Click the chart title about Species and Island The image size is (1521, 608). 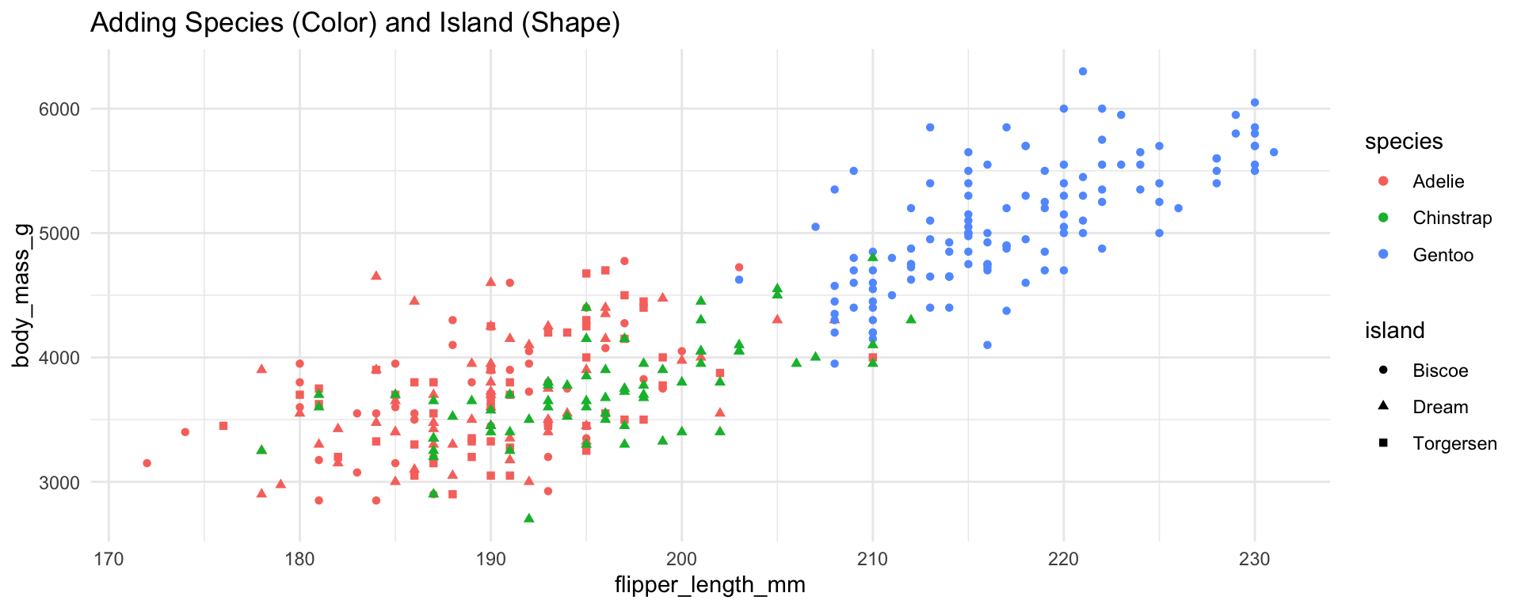click(x=355, y=24)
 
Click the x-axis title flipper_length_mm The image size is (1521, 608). click(x=710, y=585)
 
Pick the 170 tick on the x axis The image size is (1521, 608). click(x=109, y=560)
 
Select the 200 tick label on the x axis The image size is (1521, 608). click(x=681, y=560)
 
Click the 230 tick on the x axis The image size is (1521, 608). click(x=1254, y=560)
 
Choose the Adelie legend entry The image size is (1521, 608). click(x=1438, y=181)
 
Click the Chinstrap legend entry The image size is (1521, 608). click(x=1451, y=218)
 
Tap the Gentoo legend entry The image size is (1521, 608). click(x=1443, y=255)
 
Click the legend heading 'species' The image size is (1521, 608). click(x=1403, y=142)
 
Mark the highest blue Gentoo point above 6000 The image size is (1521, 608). click(x=1083, y=71)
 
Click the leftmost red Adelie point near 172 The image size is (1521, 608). click(x=147, y=463)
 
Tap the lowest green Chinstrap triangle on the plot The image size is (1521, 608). click(x=529, y=519)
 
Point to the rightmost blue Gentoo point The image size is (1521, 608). click(x=1274, y=152)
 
